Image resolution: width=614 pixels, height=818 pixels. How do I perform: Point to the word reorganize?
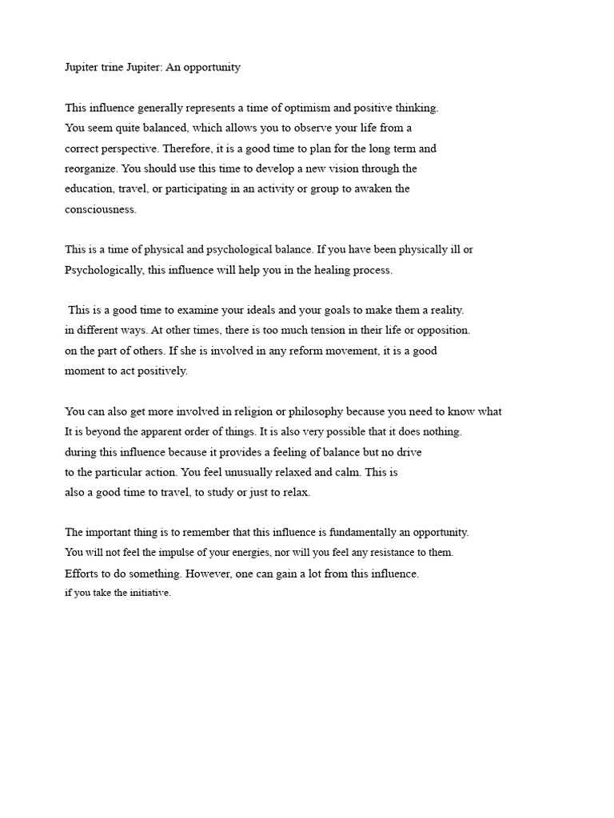pos(94,169)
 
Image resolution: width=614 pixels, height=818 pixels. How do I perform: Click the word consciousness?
pos(101,209)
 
